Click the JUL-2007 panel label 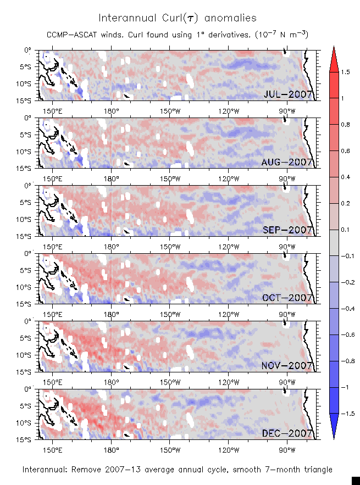tap(288, 94)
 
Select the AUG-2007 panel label tap(287, 162)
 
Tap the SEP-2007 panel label tap(288, 230)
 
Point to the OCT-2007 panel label tap(288, 298)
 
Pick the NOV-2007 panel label tap(287, 366)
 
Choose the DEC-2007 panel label tap(288, 433)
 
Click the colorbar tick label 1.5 tap(345, 72)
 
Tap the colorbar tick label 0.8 tap(345, 125)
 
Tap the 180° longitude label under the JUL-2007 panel tap(111, 109)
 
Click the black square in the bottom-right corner tap(355, 480)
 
